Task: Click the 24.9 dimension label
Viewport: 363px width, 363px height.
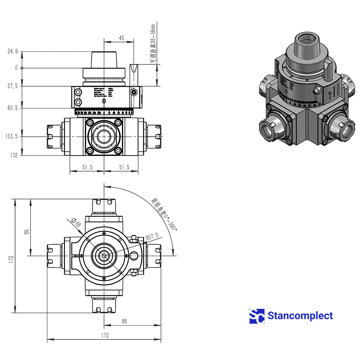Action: [13, 51]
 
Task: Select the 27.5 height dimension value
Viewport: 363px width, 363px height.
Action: [13, 86]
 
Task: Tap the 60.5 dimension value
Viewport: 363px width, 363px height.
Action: [13, 108]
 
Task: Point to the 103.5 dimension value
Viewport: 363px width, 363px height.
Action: [11, 136]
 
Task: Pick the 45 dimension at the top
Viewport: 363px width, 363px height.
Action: [121, 38]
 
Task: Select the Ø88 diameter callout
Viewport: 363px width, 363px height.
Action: [76, 223]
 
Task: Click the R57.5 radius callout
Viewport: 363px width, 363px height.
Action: [152, 237]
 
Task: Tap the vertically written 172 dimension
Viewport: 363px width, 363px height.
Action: [11, 259]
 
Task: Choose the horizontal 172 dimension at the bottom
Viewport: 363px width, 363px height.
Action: [105, 335]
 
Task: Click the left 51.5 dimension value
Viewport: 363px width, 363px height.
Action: [87, 167]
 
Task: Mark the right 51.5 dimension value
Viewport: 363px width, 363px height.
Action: [124, 167]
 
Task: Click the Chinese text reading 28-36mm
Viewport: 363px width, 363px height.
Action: [153, 44]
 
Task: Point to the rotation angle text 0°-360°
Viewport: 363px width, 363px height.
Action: [164, 214]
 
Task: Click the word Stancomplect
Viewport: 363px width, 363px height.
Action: [300, 316]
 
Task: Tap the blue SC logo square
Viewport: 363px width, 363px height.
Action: [257, 316]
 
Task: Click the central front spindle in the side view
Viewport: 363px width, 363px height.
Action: [104, 137]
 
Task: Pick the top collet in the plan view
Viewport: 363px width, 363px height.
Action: [104, 206]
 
